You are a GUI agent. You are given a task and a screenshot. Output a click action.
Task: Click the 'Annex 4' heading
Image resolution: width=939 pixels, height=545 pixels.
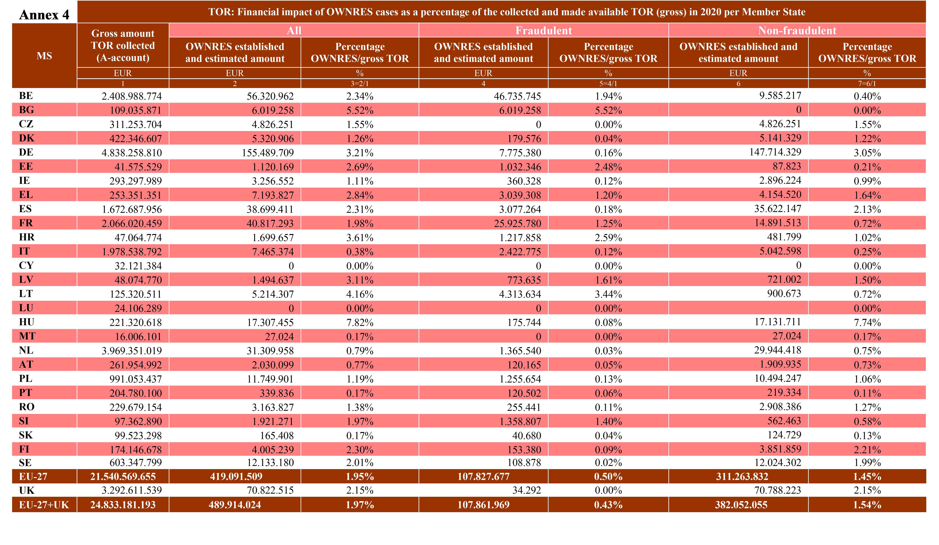pyautogui.click(x=44, y=15)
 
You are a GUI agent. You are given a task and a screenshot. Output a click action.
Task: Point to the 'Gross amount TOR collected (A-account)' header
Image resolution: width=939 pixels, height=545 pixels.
pyautogui.click(x=123, y=45)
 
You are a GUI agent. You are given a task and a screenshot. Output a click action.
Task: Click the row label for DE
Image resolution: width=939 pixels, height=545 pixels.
pyautogui.click(x=26, y=152)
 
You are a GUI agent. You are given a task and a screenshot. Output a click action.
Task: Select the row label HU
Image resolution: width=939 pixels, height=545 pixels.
pyautogui.click(x=27, y=322)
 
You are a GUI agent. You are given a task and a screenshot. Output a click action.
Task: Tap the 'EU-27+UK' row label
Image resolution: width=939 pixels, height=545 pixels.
pyautogui.click(x=44, y=505)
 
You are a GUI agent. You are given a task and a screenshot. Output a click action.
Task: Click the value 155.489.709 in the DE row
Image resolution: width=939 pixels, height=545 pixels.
pyautogui.click(x=270, y=152)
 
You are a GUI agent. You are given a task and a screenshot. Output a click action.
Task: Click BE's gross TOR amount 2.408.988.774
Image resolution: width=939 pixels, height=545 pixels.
pyautogui.click(x=132, y=96)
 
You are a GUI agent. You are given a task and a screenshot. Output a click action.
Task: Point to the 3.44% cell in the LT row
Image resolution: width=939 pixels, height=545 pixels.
pyautogui.click(x=608, y=294)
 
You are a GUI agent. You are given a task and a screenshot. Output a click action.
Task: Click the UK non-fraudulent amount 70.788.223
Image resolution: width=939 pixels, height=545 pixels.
pyautogui.click(x=778, y=490)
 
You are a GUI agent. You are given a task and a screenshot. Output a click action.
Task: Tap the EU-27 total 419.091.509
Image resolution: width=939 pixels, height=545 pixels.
pyautogui.click(x=236, y=476)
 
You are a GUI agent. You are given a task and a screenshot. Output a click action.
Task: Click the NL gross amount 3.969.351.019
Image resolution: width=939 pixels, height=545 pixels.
pyautogui.click(x=132, y=351)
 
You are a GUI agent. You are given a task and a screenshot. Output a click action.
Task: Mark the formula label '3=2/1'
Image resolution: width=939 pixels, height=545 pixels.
pyautogui.click(x=360, y=83)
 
